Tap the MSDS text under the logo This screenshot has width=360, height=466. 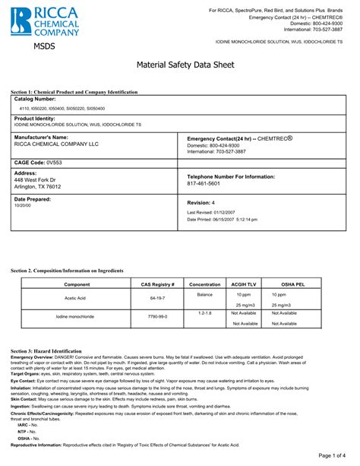pyautogui.click(x=44, y=48)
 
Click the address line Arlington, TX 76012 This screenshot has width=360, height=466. pyautogui.click(x=38, y=186)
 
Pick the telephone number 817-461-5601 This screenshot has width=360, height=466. pyautogui.click(x=203, y=183)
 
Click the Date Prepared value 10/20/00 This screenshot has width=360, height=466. pyautogui.click(x=24, y=205)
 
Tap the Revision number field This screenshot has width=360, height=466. pyautogui.click(x=201, y=203)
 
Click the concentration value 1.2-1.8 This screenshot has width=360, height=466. pyautogui.click(x=205, y=312)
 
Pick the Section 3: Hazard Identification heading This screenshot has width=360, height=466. pyautogui.click(x=62, y=350)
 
